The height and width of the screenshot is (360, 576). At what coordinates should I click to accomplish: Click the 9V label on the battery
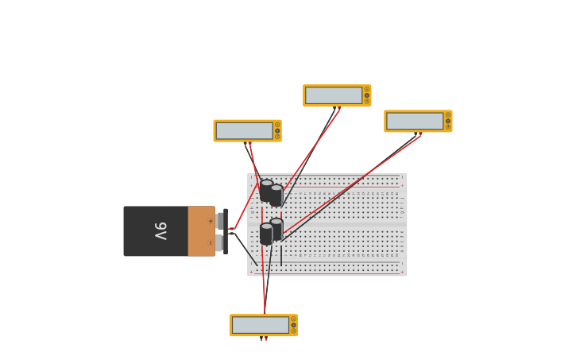(160, 230)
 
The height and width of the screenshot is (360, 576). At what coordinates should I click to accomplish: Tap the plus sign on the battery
(211, 221)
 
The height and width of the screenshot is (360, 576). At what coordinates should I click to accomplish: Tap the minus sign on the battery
(211, 242)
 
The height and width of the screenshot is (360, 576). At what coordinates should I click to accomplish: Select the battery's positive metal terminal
(219, 221)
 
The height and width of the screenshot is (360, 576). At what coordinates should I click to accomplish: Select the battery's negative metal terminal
(219, 242)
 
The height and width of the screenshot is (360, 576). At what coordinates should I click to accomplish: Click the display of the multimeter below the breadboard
(261, 325)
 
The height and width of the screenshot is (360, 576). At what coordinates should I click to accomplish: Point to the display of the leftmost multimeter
(244, 130)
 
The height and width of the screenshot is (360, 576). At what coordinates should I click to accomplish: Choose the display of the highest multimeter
(334, 95)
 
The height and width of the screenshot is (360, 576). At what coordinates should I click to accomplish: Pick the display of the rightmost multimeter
(415, 121)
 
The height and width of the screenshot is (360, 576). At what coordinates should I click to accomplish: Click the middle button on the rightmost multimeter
(448, 121)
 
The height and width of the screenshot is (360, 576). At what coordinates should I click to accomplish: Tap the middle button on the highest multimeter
(367, 95)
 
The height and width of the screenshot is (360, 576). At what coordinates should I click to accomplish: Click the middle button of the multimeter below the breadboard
(293, 325)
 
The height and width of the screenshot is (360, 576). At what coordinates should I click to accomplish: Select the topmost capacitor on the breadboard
(266, 189)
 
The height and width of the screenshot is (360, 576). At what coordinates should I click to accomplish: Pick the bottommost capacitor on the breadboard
(266, 234)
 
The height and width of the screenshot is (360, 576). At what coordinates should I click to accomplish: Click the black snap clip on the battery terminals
(226, 231)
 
